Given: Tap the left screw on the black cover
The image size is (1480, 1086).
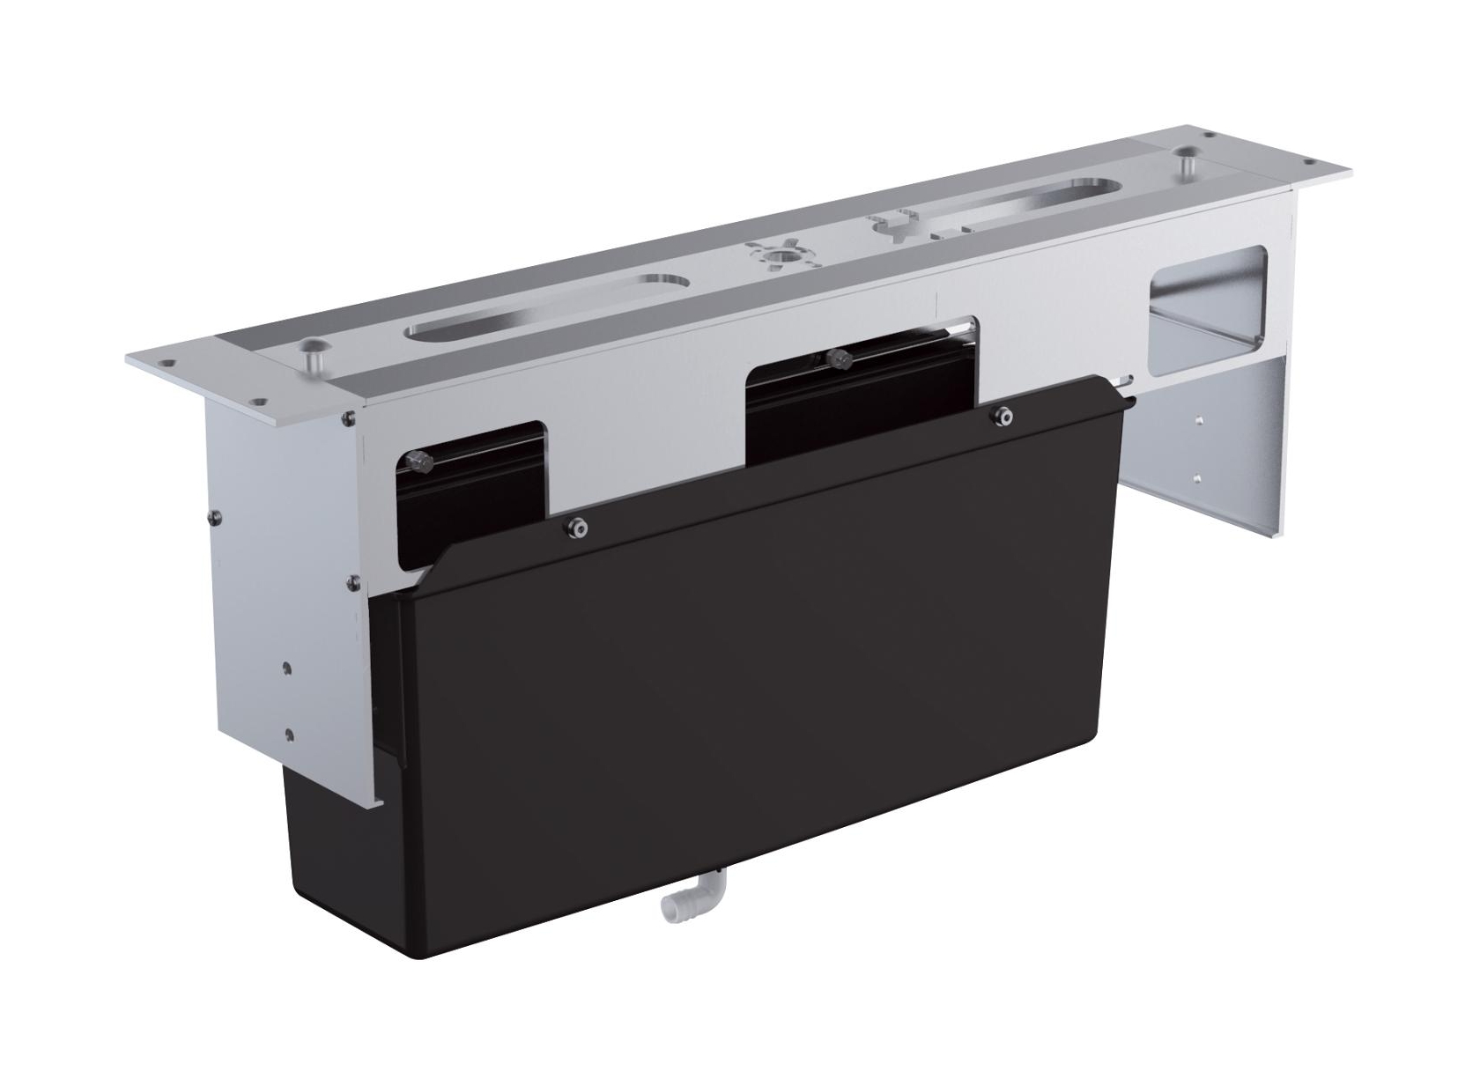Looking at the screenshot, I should pyautogui.click(x=577, y=528).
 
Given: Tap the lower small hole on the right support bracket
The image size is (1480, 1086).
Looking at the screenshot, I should pyautogui.click(x=1198, y=479).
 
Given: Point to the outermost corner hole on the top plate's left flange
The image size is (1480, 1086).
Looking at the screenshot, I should pyautogui.click(x=161, y=361).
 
